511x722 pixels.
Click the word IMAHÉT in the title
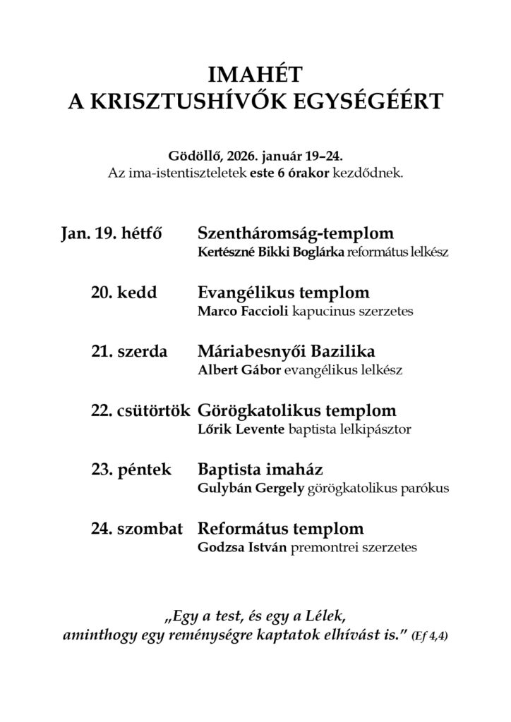tap(255, 74)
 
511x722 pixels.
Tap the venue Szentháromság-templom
tap(296, 233)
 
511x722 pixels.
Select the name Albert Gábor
tap(236, 369)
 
